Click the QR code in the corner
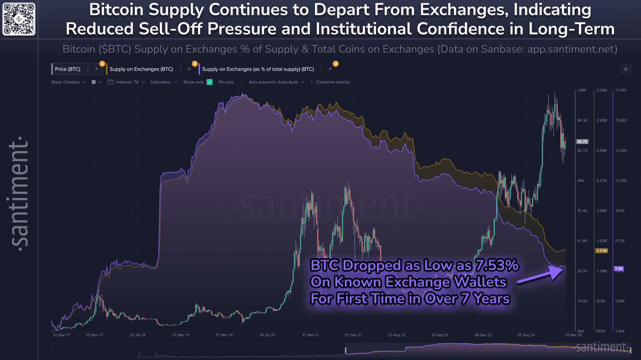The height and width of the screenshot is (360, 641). point(19,19)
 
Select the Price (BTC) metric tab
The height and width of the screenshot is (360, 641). point(68,69)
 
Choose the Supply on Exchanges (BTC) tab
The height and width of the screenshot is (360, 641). point(141,69)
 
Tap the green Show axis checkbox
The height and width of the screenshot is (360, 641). point(209,82)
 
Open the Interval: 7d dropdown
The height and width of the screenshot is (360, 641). point(126,82)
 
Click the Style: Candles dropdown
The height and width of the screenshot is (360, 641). point(68,82)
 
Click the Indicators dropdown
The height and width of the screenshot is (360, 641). point(164,82)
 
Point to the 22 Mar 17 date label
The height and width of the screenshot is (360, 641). point(61,335)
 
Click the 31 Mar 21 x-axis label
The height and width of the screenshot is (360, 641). point(310,335)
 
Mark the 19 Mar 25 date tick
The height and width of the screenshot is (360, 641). point(573,335)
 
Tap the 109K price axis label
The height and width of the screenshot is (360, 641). point(582,91)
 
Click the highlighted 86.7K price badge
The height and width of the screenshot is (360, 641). point(582,142)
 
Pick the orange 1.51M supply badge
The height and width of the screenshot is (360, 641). point(601,251)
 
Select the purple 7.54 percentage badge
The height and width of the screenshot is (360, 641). point(619,269)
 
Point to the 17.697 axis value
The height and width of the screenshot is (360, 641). point(621,91)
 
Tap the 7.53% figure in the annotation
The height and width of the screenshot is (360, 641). point(497,265)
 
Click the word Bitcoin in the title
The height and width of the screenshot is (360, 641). point(117,10)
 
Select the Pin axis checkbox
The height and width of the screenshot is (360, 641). point(240,82)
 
